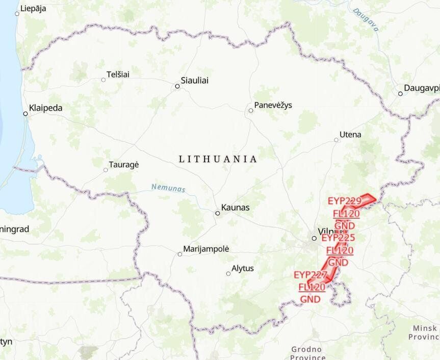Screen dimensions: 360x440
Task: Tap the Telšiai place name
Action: click(118, 74)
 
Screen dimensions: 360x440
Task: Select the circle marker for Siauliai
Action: click(177, 86)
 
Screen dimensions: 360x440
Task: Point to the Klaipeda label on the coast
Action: click(46, 108)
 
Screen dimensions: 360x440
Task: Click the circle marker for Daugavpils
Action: click(400, 93)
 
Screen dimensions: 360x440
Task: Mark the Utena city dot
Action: click(336, 140)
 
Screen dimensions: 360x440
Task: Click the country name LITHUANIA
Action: click(218, 159)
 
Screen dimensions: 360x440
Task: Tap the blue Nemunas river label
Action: click(168, 188)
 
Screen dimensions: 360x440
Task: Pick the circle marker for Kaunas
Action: click(217, 213)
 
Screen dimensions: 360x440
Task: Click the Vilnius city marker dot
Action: click(314, 238)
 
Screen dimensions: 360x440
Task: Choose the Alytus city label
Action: click(243, 268)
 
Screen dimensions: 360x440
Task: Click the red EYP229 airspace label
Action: click(345, 200)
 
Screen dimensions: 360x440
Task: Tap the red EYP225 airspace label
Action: click(339, 238)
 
